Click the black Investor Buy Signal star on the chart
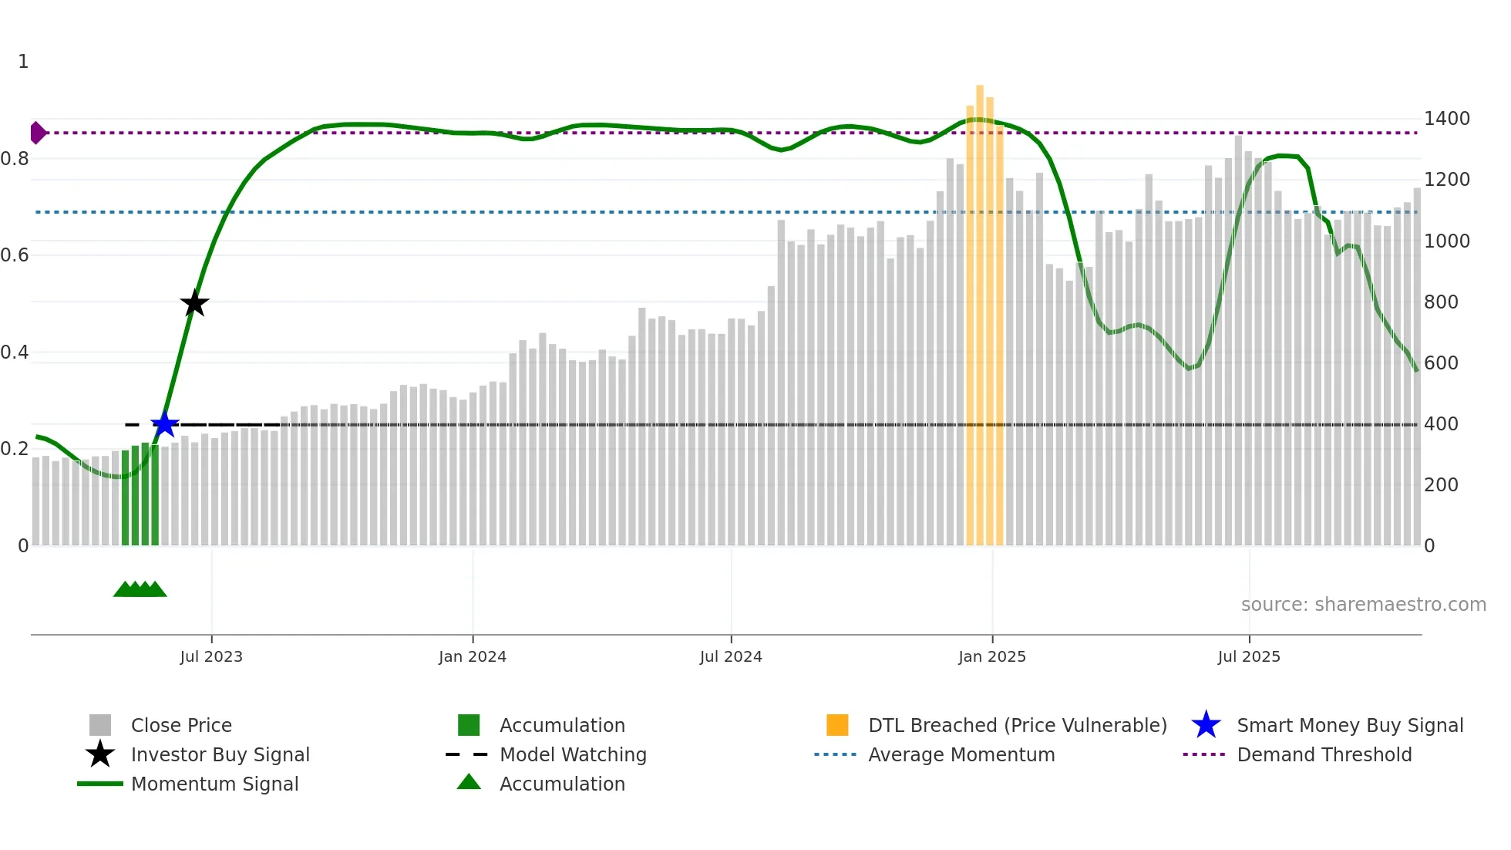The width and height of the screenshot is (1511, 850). [x=194, y=303]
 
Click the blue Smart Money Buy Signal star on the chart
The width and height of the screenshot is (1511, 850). [x=164, y=424]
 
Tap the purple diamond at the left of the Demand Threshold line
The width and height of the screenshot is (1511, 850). [x=37, y=133]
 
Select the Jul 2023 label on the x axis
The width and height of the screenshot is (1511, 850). [x=211, y=656]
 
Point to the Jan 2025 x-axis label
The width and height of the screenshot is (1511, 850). [x=991, y=656]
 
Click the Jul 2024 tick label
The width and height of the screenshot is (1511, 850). [x=731, y=656]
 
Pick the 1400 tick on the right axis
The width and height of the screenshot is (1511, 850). [x=1446, y=119]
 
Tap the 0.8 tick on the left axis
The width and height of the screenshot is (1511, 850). [x=15, y=159]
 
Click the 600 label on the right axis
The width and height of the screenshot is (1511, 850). [x=1440, y=363]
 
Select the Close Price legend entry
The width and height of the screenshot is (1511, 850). [x=180, y=725]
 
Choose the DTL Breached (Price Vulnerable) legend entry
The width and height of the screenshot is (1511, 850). [x=1017, y=725]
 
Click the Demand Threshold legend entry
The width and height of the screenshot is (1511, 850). [x=1324, y=754]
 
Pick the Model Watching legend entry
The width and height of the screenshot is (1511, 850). [x=572, y=754]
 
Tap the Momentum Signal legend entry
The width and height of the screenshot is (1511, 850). [x=214, y=784]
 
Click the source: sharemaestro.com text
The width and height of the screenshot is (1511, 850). [x=1363, y=605]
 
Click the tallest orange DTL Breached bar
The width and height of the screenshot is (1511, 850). [x=980, y=309]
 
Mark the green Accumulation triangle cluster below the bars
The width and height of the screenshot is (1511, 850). [x=140, y=590]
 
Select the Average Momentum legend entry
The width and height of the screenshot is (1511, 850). [x=961, y=754]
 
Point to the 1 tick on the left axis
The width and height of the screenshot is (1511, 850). [x=23, y=62]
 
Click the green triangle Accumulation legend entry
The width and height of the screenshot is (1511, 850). [x=561, y=784]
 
